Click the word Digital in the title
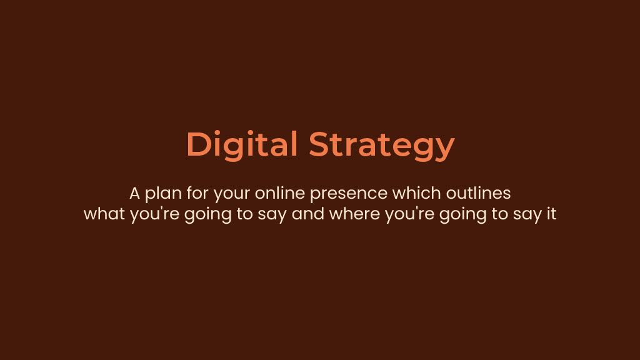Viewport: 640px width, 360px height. [242, 144]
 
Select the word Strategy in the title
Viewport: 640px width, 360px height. [382, 146]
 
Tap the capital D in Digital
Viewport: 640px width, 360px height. [198, 144]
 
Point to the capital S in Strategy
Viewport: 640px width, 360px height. [320, 144]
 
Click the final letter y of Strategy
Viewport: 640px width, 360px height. [444, 149]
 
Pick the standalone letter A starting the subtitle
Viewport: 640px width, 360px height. [135, 194]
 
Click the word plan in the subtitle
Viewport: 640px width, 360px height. [163, 194]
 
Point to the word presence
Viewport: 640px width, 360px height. [349, 194]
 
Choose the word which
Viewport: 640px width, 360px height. [416, 192]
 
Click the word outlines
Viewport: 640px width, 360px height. [478, 192]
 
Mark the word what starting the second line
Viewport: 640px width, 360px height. [104, 214]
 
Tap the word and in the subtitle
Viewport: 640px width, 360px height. [307, 214]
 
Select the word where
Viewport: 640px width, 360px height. [355, 214]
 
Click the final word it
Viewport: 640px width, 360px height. [551, 214]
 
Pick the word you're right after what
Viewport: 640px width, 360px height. [155, 215]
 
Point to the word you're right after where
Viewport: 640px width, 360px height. [410, 215]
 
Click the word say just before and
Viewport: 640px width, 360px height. [272, 216]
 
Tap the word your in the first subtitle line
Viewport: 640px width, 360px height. [232, 195]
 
